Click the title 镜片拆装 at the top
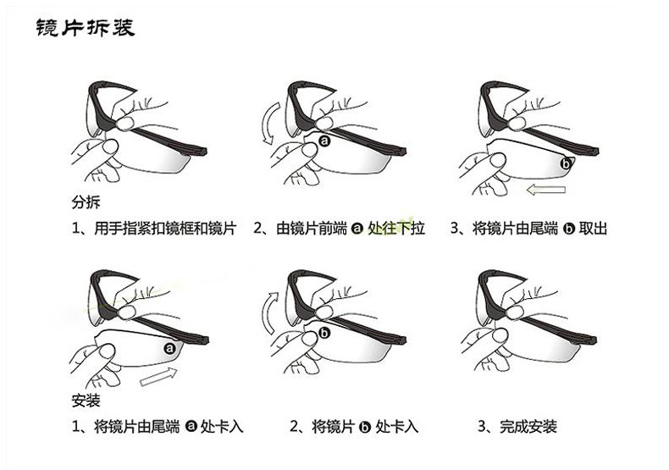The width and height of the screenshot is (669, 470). [x=86, y=28]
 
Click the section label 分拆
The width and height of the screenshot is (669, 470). [x=86, y=202]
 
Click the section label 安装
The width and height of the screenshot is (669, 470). [x=86, y=401]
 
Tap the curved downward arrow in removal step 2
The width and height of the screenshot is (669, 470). [x=270, y=124]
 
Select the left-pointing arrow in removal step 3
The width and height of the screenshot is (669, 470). [x=546, y=190]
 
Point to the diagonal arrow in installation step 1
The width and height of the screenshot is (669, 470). [x=158, y=377]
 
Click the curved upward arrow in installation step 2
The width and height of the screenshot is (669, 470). [x=268, y=313]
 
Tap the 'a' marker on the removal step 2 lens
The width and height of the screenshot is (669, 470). [x=324, y=141]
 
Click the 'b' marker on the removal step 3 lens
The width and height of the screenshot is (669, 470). [x=566, y=163]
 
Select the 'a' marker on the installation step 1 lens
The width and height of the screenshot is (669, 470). [x=170, y=348]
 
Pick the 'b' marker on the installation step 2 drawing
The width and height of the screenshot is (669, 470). [x=324, y=332]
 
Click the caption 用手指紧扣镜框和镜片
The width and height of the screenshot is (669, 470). [x=164, y=229]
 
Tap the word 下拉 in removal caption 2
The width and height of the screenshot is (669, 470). [x=411, y=229]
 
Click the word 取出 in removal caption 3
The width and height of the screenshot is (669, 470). [x=593, y=229]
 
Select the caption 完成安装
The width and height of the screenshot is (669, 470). [x=528, y=426]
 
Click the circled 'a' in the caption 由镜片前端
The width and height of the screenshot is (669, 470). [x=357, y=229]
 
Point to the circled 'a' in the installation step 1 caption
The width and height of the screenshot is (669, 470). [x=191, y=426]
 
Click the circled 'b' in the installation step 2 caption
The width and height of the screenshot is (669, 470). [x=365, y=427]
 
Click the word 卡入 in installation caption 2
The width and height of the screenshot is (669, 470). [x=404, y=426]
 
